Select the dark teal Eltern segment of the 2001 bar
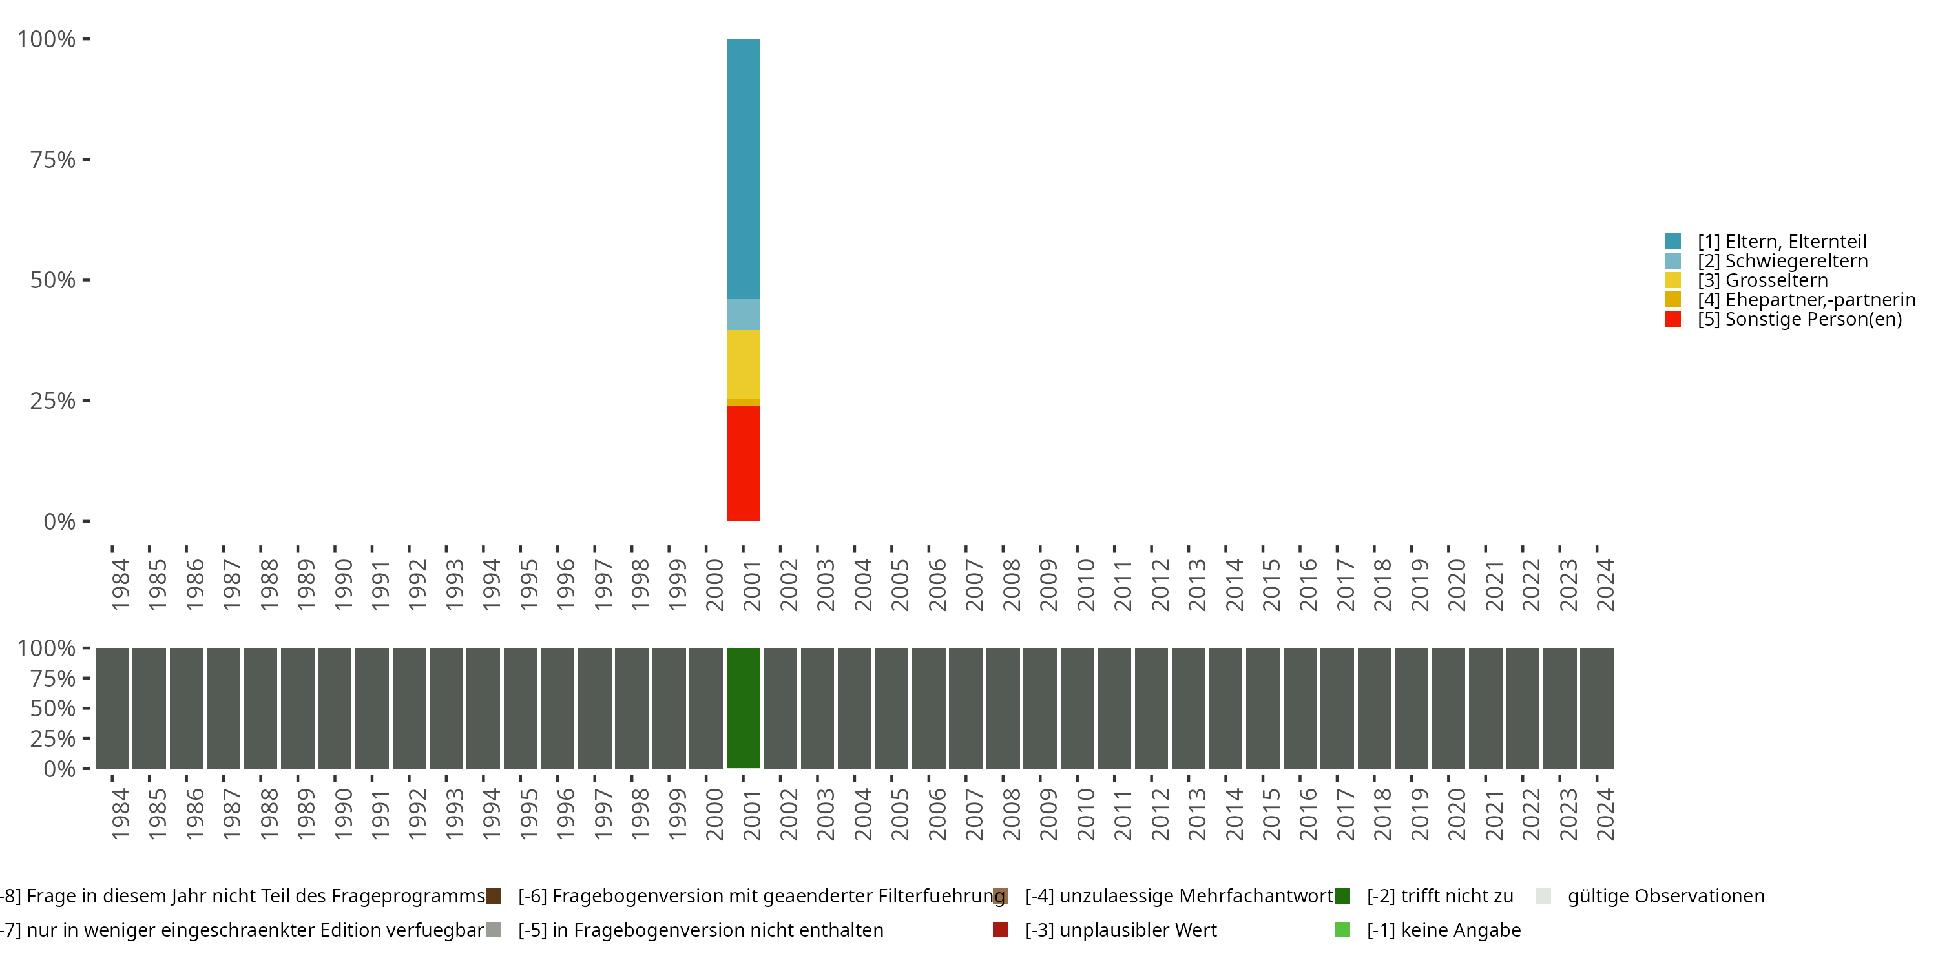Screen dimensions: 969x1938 (742, 169)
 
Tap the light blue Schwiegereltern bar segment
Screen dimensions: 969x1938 (742, 315)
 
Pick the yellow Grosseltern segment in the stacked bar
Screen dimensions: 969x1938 (742, 364)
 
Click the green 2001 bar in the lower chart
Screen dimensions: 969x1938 (742, 708)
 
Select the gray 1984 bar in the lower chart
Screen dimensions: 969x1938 (112, 708)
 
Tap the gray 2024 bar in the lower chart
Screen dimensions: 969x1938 (1596, 708)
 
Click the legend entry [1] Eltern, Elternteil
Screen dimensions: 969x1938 (1782, 242)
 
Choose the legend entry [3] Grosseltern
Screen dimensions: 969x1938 (1762, 280)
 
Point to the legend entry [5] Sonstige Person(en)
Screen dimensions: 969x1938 (1799, 319)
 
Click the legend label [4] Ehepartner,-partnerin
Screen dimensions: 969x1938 (1806, 300)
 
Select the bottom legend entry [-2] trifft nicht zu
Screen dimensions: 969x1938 (1439, 896)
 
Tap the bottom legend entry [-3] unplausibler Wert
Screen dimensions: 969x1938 (1120, 930)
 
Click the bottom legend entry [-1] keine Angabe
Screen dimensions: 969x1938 (1443, 930)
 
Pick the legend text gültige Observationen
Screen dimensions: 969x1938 (1665, 896)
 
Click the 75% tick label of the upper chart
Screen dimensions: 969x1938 (53, 160)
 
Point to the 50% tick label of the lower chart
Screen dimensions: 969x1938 (53, 708)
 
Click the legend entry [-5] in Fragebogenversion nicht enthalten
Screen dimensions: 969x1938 (700, 930)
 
